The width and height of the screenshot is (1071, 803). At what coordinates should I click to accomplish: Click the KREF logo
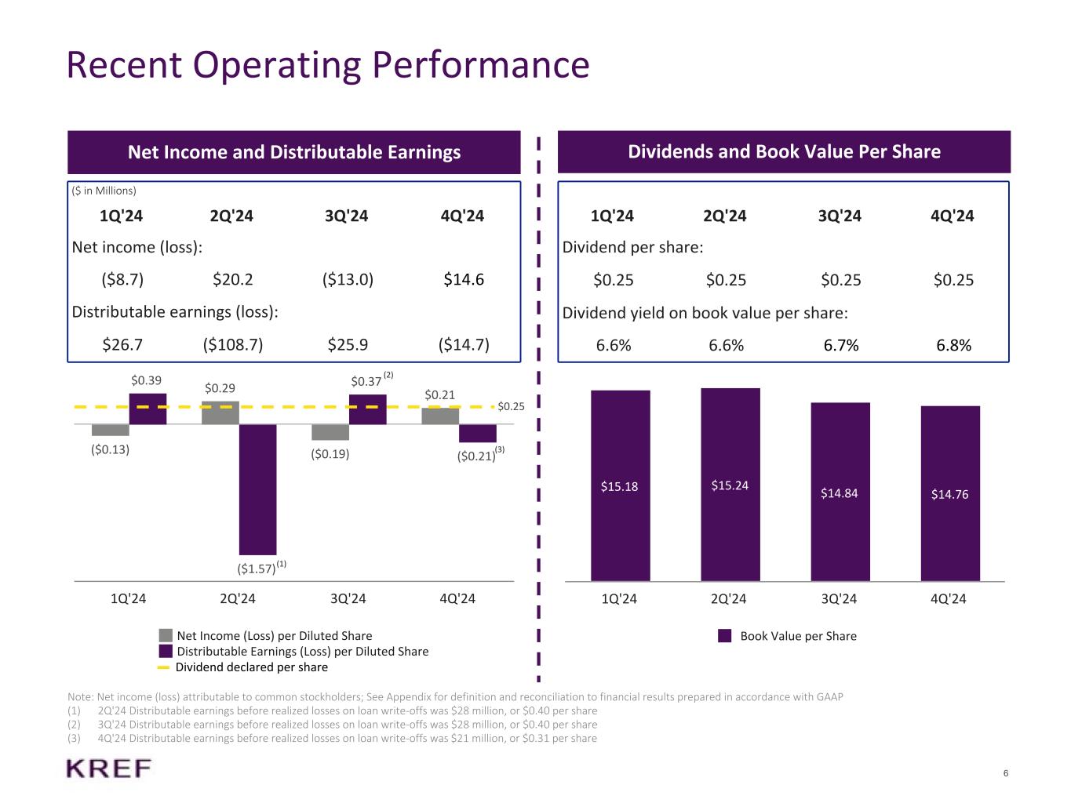108,768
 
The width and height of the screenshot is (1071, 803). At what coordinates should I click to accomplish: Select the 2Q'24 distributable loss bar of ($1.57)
257,489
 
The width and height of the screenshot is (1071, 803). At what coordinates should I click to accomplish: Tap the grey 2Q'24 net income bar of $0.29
220,413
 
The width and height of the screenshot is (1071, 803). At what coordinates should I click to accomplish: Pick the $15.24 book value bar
730,485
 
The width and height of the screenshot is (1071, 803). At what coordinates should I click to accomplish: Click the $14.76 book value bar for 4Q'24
950,493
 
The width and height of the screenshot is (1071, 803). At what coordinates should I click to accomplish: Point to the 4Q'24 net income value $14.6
464,279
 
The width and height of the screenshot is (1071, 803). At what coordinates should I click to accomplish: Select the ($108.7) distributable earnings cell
232,344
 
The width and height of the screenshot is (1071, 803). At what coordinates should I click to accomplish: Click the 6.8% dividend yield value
954,345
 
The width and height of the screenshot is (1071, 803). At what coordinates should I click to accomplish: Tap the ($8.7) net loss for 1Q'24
122,279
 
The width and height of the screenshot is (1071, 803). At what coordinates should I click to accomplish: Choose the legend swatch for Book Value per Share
725,636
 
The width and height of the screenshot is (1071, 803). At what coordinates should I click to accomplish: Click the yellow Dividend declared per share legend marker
163,667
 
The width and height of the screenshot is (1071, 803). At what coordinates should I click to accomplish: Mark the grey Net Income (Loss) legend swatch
166,636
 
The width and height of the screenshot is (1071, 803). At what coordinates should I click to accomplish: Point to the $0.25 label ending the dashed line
511,406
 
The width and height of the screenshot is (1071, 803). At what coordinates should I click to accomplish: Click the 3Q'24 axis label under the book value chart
839,599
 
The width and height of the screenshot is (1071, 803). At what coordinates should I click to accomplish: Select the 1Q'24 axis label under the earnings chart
129,599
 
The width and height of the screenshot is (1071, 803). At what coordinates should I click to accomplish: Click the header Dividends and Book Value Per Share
784,151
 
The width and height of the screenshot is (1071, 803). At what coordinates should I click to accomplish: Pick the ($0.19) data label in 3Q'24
330,453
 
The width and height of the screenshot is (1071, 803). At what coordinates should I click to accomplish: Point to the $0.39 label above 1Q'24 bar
146,380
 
